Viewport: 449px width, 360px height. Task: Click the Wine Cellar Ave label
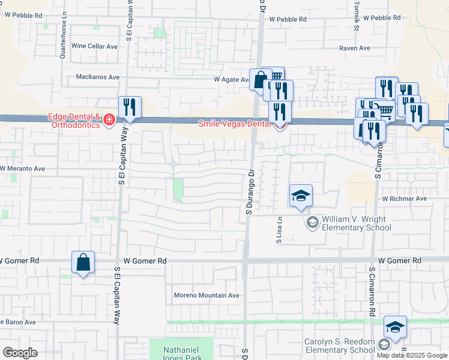click(94, 46)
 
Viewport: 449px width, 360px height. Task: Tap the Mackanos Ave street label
click(98, 77)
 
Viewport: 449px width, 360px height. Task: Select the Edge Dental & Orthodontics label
click(74, 121)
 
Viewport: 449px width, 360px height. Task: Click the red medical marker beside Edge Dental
click(109, 121)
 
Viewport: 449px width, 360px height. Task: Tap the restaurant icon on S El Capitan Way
click(130, 107)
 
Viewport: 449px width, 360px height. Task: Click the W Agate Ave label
click(232, 79)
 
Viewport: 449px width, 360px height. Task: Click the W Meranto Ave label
click(23, 169)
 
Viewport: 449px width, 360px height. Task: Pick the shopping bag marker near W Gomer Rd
click(83, 262)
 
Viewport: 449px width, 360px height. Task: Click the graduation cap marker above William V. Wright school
click(301, 196)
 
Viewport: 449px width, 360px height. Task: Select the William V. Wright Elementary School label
click(356, 223)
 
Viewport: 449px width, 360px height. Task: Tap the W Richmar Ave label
click(404, 198)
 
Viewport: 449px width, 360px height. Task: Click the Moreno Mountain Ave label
click(206, 295)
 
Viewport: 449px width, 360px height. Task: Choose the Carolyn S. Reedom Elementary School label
click(339, 346)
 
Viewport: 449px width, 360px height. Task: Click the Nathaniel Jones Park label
click(181, 350)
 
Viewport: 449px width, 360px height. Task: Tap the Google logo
click(20, 353)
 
